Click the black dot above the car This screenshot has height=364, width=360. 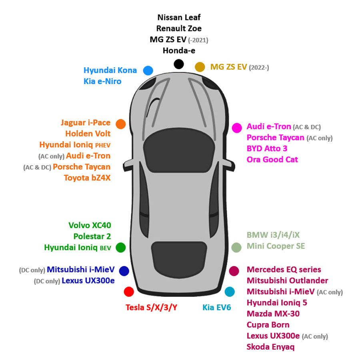(179, 64)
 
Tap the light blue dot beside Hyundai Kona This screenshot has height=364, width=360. (148, 70)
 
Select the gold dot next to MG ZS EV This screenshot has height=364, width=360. (200, 67)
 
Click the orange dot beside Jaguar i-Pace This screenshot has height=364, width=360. (121, 124)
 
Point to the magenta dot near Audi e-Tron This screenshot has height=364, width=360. (237, 128)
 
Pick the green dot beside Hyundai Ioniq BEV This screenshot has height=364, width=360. (121, 248)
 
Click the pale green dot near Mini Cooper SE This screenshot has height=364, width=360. (236, 248)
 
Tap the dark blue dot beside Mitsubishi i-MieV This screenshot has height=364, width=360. (124, 271)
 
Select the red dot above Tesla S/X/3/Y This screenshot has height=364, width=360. (129, 292)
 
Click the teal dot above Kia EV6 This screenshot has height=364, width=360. (230, 292)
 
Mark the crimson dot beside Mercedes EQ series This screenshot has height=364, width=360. (234, 271)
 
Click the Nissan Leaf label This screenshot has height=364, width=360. (179, 18)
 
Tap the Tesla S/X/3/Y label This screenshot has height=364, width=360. (151, 307)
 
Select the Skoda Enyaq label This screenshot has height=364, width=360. (270, 347)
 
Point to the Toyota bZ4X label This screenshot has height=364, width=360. (87, 178)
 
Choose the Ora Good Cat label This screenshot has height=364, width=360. (272, 160)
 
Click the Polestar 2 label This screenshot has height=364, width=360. (92, 236)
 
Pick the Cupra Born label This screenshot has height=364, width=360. (268, 325)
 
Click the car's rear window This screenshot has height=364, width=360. (179, 260)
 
